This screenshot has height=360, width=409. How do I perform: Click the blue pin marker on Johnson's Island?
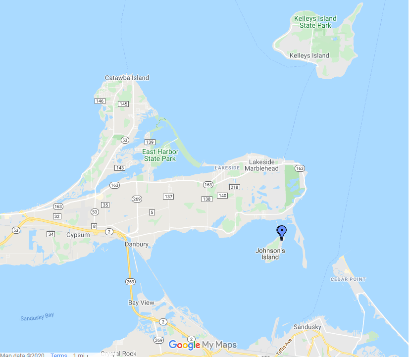(282, 232)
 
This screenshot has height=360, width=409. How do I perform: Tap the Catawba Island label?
(127, 78)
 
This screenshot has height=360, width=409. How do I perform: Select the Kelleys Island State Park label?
(315, 22)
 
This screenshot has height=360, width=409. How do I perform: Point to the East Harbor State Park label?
(159, 155)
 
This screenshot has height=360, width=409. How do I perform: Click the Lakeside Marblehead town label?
(264, 165)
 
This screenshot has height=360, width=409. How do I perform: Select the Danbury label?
(136, 244)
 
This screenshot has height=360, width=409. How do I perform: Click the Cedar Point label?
(348, 279)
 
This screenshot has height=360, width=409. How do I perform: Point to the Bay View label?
(141, 303)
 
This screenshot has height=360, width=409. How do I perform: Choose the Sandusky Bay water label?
(37, 317)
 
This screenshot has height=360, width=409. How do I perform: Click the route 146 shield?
(100, 101)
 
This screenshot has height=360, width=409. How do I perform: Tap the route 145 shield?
(123, 104)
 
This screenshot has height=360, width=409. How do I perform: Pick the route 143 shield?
(119, 168)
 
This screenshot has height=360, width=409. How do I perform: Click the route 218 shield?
(235, 187)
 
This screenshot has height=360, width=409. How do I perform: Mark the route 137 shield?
(168, 197)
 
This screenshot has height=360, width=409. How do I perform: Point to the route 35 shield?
(105, 205)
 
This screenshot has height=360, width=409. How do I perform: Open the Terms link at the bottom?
(58, 356)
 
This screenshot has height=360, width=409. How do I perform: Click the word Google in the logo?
(184, 345)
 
